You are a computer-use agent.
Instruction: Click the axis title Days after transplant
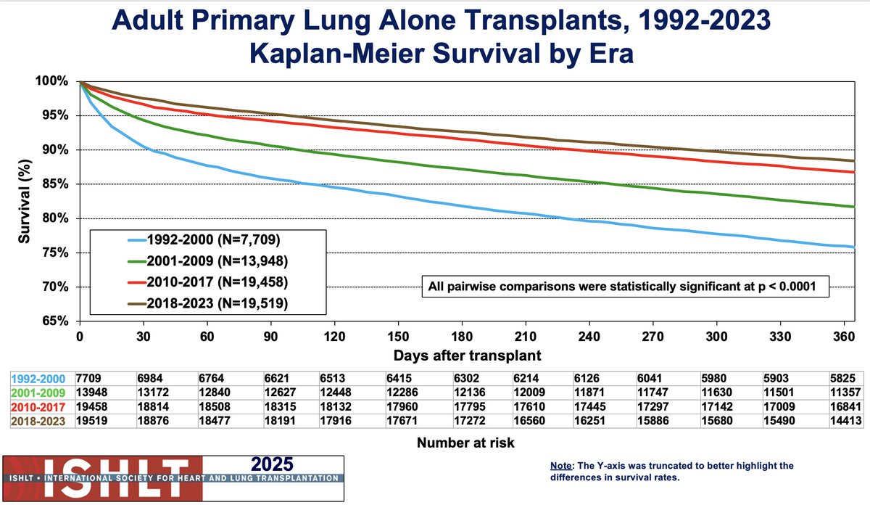[x=468, y=356]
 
